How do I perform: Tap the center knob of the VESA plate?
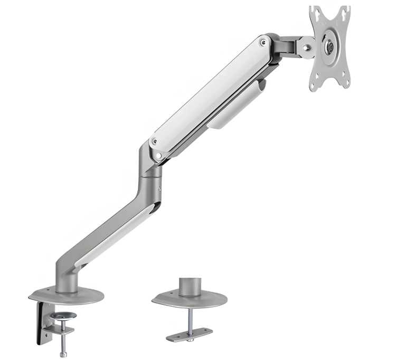coord(330,46)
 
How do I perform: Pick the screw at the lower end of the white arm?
coord(154,141)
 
